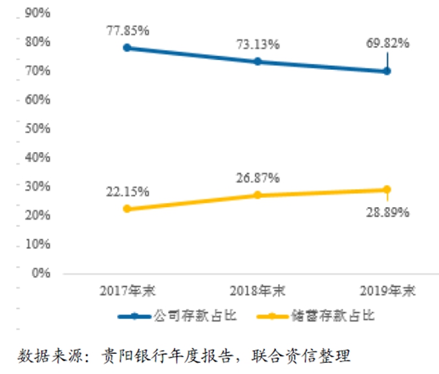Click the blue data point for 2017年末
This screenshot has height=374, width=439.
point(127,48)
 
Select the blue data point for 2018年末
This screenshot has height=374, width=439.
point(257,61)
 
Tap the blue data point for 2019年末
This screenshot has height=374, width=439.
point(387,71)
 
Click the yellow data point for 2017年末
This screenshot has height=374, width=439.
point(127,209)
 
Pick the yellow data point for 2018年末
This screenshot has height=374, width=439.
point(257,195)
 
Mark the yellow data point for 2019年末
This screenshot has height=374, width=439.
point(387,190)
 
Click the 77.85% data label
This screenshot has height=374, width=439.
point(128,30)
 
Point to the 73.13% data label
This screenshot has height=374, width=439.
point(257,44)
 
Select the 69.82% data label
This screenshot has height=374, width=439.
point(387,43)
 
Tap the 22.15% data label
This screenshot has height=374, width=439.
point(128,192)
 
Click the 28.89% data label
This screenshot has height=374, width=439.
point(387,212)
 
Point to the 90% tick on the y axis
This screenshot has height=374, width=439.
point(37,13)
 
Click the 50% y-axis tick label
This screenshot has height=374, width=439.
point(37,128)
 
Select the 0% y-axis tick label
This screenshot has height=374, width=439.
point(40,273)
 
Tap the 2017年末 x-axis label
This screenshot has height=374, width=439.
point(128,291)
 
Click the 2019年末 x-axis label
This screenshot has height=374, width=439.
point(387,291)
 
